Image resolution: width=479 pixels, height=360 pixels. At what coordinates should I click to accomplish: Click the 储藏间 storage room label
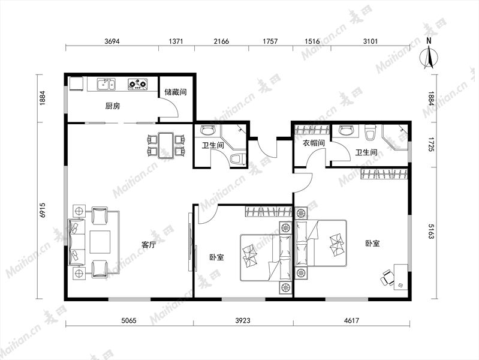coord(175,92)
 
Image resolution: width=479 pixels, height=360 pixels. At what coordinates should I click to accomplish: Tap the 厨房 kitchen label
coord(113,106)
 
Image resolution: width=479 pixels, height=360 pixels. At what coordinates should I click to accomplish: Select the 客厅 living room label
coord(149,245)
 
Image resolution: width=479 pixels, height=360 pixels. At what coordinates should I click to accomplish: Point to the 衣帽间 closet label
coord(314,143)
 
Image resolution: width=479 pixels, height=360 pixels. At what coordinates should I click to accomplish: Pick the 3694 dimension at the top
coord(112,41)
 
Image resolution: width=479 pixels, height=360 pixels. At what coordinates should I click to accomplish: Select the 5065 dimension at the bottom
coord(129,320)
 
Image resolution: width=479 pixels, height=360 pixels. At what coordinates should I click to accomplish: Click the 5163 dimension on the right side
coord(431,231)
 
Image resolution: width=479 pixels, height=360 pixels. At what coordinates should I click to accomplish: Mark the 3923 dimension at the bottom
coord(243,320)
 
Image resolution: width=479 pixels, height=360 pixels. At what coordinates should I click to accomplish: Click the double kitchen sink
coord(106,84)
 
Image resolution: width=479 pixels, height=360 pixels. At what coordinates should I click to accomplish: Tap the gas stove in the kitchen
coord(138,84)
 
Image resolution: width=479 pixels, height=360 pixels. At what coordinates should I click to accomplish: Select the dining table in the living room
coord(166,145)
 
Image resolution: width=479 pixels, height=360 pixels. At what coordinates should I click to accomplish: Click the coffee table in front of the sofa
coord(100,242)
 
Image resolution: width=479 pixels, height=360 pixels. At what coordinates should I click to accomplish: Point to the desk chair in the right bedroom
coord(387,277)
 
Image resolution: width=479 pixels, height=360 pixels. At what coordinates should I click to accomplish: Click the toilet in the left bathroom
coord(237,159)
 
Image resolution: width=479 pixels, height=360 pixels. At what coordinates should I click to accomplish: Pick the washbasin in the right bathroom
coord(346,131)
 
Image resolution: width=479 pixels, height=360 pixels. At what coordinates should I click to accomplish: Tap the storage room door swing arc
coord(173,105)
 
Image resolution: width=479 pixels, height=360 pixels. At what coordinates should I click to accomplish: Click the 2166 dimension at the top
coord(221,41)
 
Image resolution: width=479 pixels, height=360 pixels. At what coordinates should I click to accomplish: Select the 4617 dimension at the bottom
coord(351,320)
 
